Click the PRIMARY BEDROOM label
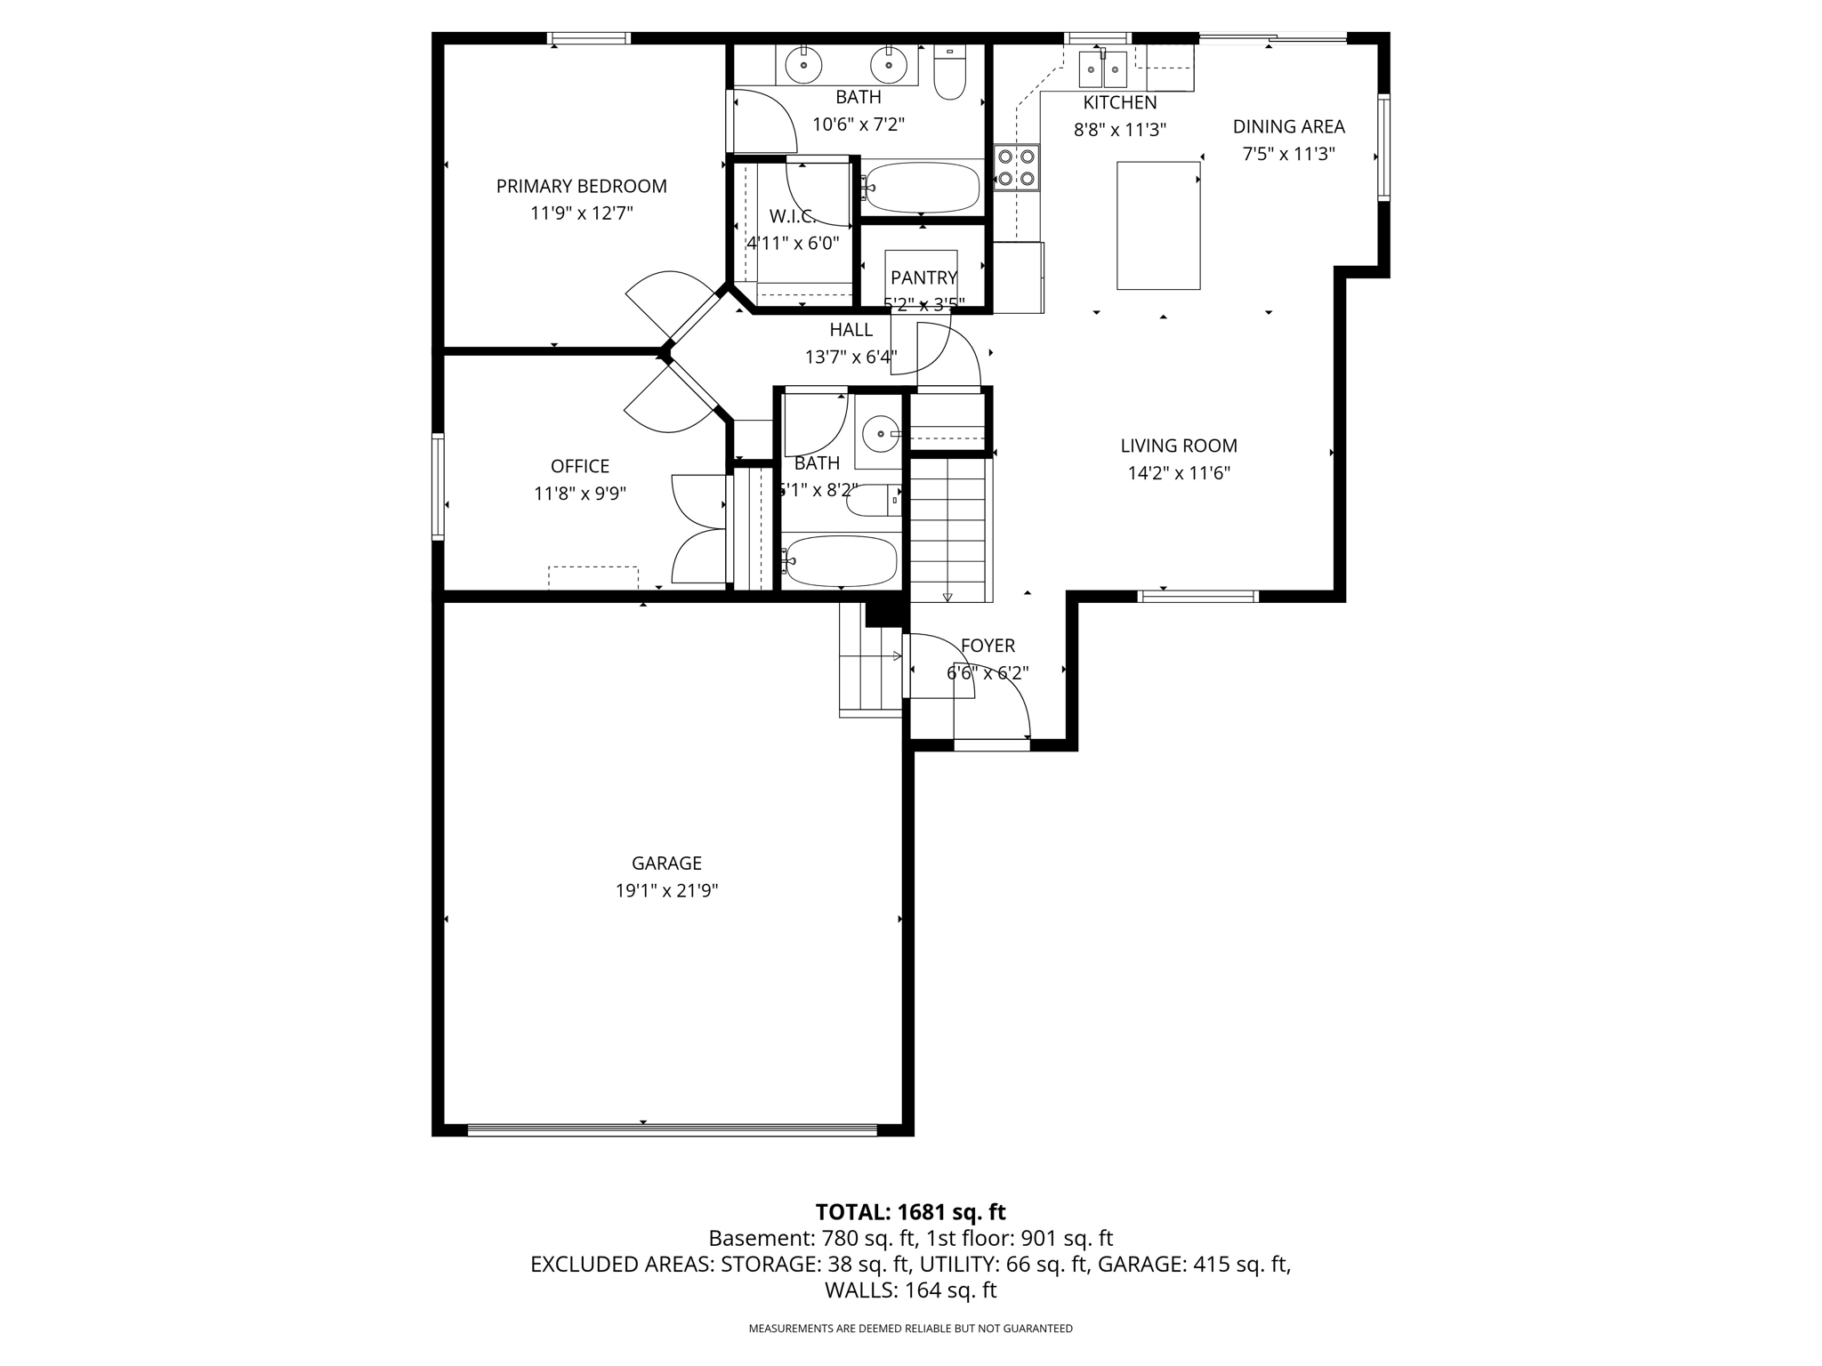[x=581, y=186]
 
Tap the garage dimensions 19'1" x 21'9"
[x=666, y=890]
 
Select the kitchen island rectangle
[x=1158, y=225]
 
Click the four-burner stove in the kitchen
[x=1017, y=167]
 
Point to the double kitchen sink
[x=1103, y=68]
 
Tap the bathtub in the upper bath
[x=922, y=188]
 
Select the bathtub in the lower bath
[x=841, y=560]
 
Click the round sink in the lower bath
[x=880, y=434]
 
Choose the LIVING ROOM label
[x=1178, y=446]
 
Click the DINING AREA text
[x=1288, y=126]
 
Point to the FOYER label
[x=987, y=646]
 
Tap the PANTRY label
[x=923, y=277]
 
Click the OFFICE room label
[x=580, y=466]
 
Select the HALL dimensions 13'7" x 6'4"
[x=851, y=358]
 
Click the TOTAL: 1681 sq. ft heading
[x=910, y=1211]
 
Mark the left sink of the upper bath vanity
[x=803, y=64]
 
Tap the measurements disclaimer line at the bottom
[x=910, y=1328]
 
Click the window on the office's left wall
[x=438, y=486]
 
